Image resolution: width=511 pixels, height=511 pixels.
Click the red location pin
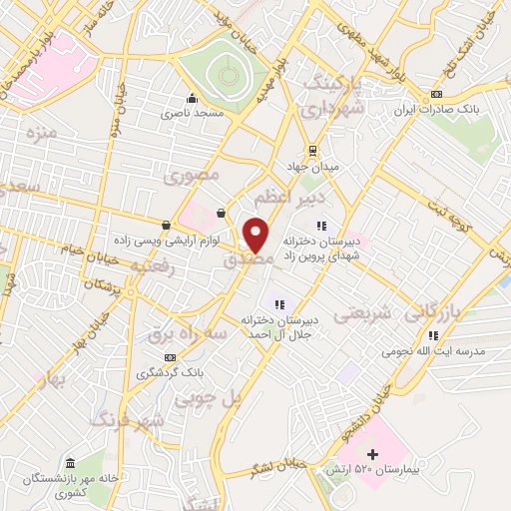[256, 234]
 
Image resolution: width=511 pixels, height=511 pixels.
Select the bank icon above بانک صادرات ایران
[435, 95]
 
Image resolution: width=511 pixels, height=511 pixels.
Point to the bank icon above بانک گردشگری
[171, 357]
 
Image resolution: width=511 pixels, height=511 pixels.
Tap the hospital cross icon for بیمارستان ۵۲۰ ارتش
[373, 455]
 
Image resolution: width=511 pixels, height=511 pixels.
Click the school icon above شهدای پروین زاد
[320, 226]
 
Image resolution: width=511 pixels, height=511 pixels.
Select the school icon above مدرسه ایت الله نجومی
[432, 336]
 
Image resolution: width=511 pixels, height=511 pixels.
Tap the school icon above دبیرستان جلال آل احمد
[279, 304]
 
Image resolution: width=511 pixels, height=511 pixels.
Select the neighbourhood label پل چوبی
[209, 398]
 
